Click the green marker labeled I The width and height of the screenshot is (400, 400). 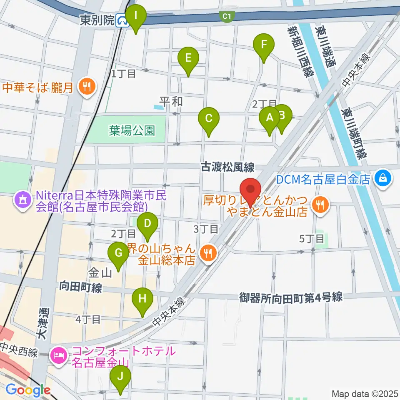click(x=137, y=17)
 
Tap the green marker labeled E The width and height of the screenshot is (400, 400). click(x=188, y=58)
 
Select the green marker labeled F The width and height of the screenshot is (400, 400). click(x=263, y=45)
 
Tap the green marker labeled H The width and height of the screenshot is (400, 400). click(x=142, y=299)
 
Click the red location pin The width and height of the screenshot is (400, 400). click(x=251, y=189)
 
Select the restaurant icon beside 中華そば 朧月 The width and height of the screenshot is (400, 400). click(x=87, y=87)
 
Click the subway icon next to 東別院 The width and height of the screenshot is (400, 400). click(x=122, y=20)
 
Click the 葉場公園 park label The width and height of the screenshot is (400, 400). click(x=132, y=131)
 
